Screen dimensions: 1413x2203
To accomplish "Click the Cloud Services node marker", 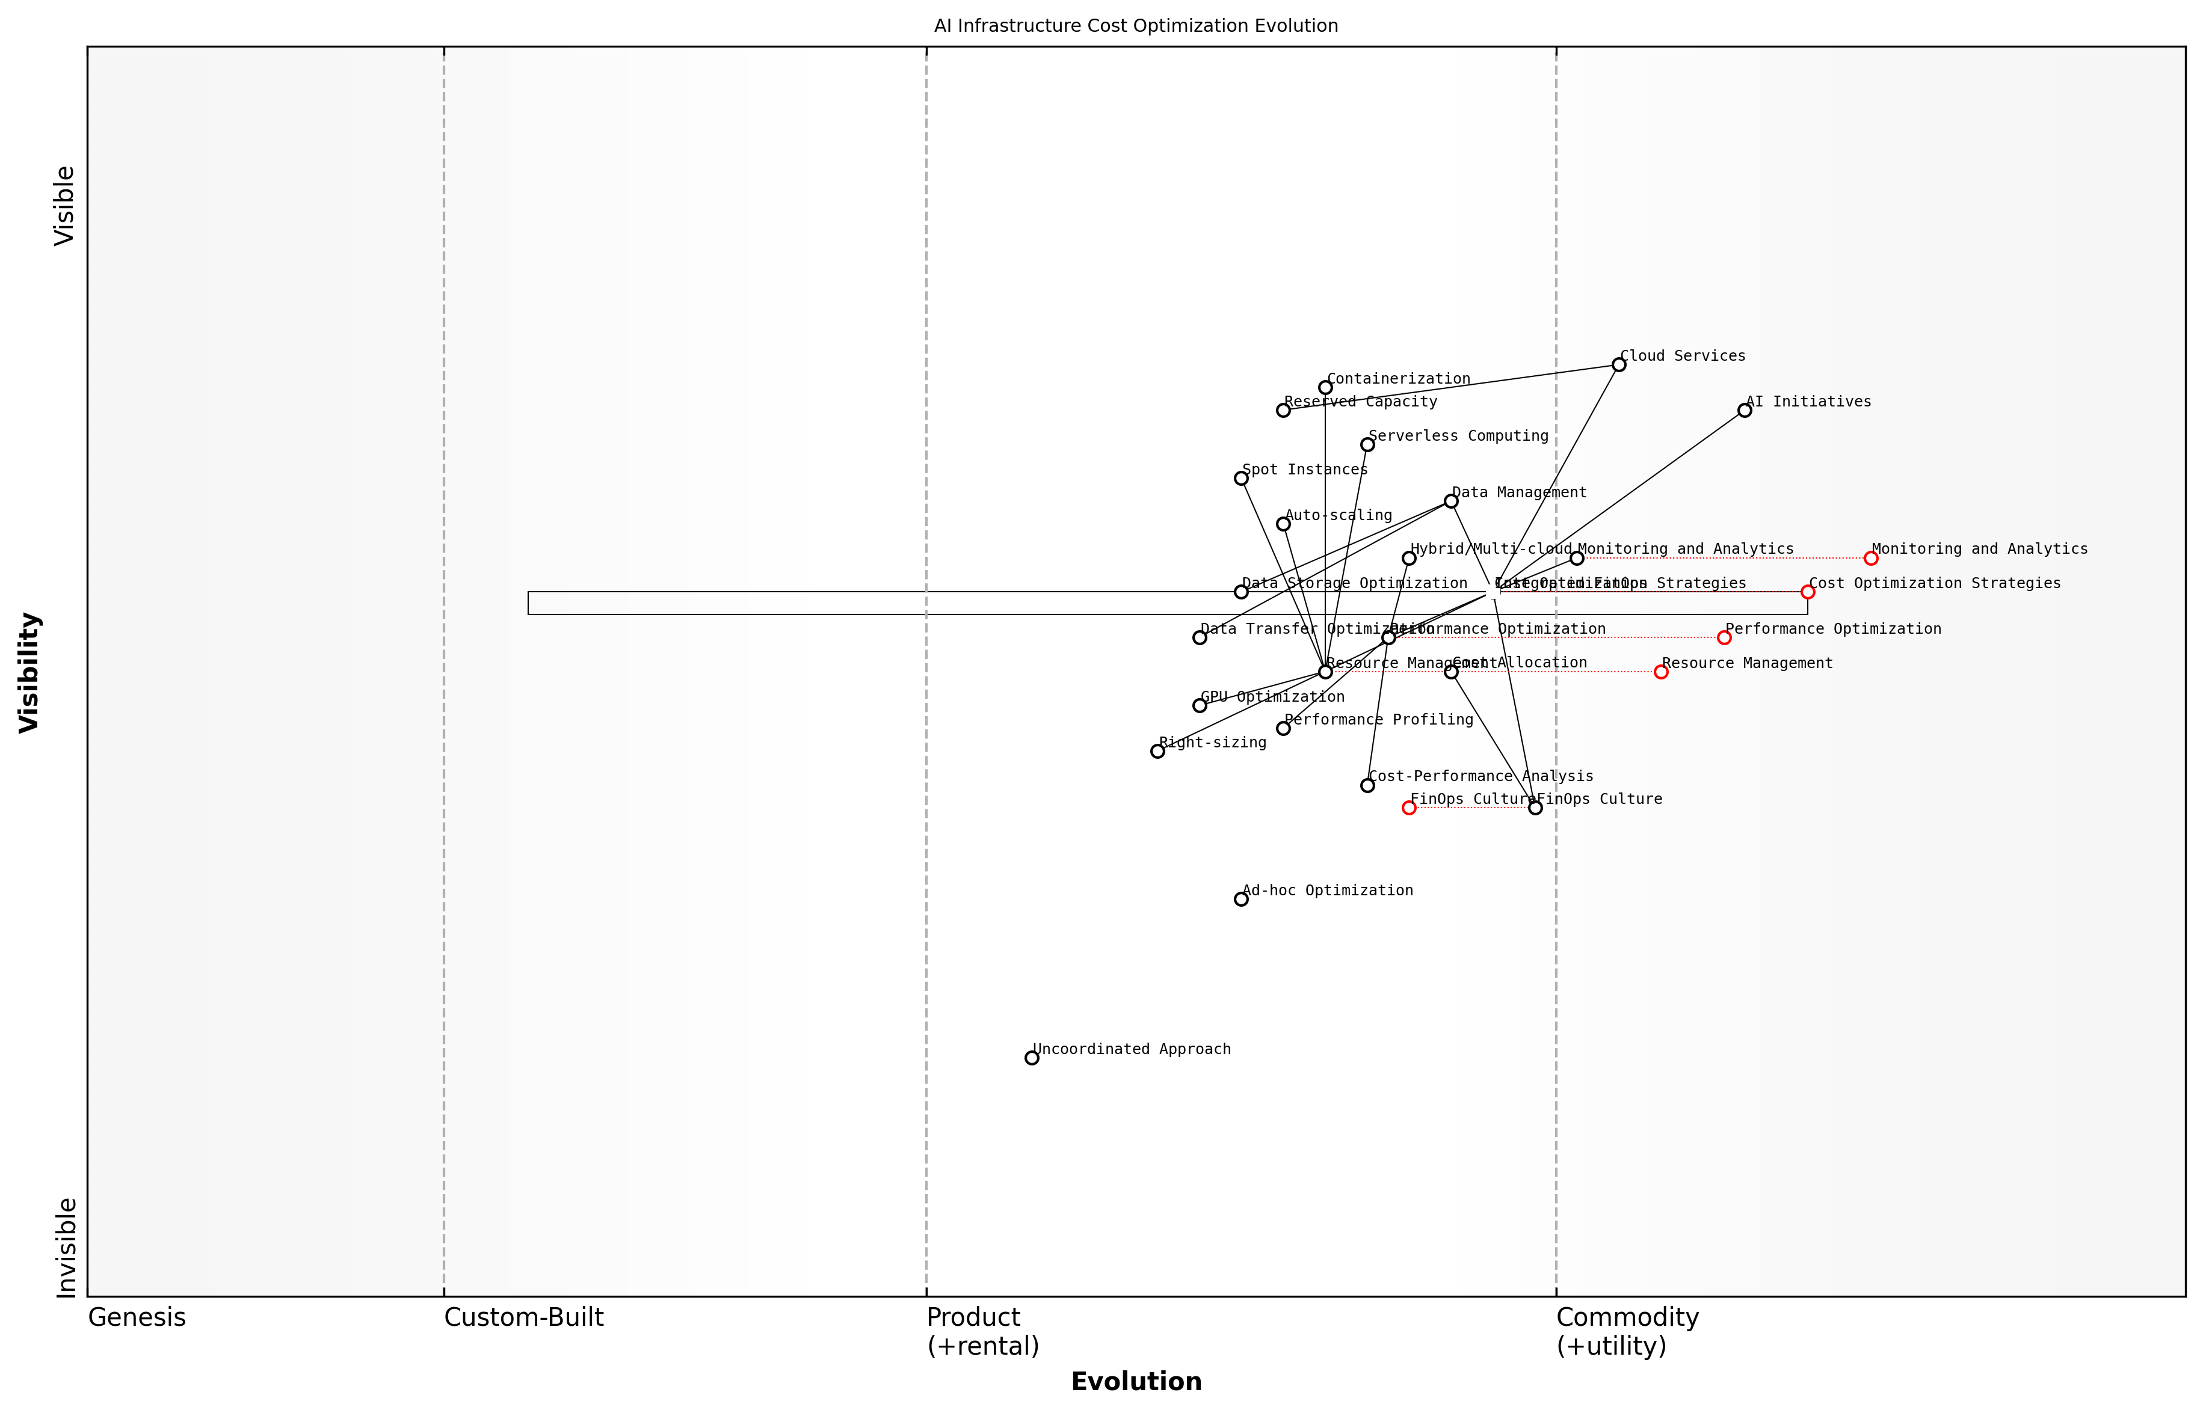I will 1618,365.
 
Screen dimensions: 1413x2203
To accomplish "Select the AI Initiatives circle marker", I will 1744,410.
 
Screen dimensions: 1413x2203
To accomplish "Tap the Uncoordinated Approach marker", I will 1032,1058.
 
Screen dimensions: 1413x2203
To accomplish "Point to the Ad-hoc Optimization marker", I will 1241,899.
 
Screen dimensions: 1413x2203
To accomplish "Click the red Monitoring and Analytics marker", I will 1871,558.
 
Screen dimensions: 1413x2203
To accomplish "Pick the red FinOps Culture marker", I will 1409,808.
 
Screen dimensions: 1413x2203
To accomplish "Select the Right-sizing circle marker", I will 1157,750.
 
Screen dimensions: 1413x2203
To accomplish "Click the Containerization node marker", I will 1325,387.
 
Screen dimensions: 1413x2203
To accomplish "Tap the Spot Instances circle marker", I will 1241,478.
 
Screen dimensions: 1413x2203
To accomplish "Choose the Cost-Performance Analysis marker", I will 1367,785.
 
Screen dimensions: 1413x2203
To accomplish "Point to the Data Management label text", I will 1519,492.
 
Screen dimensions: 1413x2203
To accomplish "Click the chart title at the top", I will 1135,26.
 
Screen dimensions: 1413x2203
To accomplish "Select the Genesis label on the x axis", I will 137,1317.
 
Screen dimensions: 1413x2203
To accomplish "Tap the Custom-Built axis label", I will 523,1317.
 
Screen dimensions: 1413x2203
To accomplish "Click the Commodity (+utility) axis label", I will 1627,1331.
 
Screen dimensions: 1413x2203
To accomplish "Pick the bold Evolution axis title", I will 1135,1382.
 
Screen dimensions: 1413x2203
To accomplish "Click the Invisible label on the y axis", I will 65,1247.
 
